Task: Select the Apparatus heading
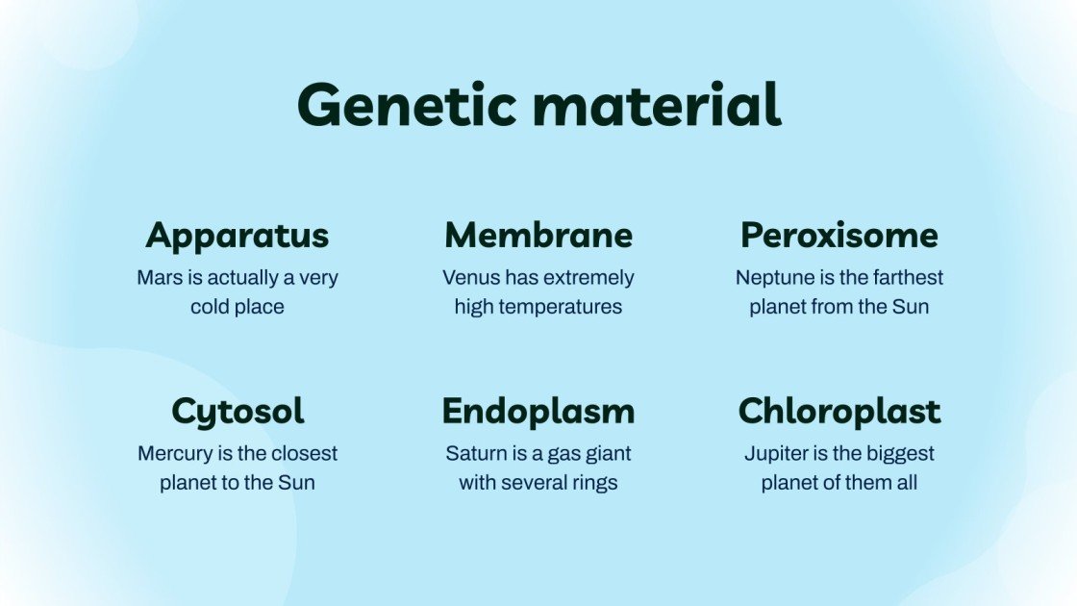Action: coord(238,236)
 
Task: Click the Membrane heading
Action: coord(538,236)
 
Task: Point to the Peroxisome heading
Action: coord(839,236)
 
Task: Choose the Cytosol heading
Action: coord(238,412)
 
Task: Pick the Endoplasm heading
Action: coord(538,412)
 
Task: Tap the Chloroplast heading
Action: coord(839,412)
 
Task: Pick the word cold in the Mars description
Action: coord(211,307)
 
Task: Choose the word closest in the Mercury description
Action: coord(302,453)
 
